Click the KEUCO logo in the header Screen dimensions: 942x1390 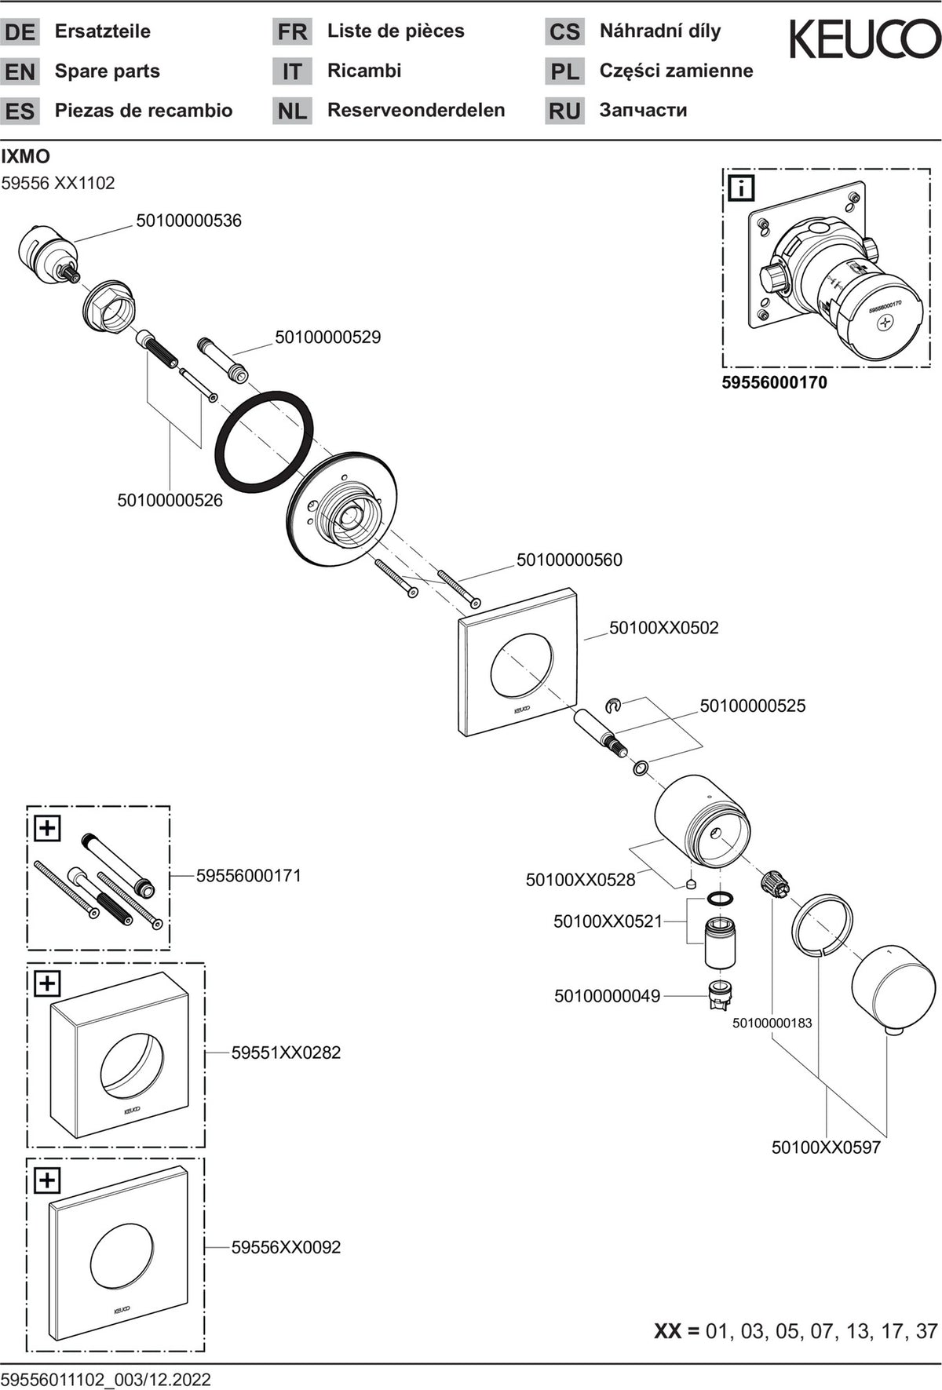[x=864, y=39]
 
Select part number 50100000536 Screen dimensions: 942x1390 [x=188, y=221]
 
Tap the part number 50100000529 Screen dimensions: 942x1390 [x=327, y=337]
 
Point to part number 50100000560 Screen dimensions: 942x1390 [x=569, y=560]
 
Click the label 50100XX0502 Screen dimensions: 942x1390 [x=664, y=627]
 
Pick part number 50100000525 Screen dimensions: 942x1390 [x=753, y=706]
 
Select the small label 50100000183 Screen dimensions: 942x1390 [x=772, y=1023]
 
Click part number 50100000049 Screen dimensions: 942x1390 [x=607, y=996]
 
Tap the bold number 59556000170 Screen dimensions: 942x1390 [x=774, y=383]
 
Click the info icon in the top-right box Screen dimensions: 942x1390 [x=742, y=188]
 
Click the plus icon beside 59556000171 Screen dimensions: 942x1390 [x=48, y=827]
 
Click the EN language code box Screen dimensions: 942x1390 [x=20, y=71]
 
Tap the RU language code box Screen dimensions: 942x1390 [x=564, y=111]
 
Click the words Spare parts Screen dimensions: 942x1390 [x=108, y=71]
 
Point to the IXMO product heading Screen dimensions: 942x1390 [x=26, y=156]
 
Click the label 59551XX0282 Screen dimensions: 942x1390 [x=286, y=1053]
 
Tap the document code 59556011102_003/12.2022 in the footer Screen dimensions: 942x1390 [x=106, y=1379]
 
